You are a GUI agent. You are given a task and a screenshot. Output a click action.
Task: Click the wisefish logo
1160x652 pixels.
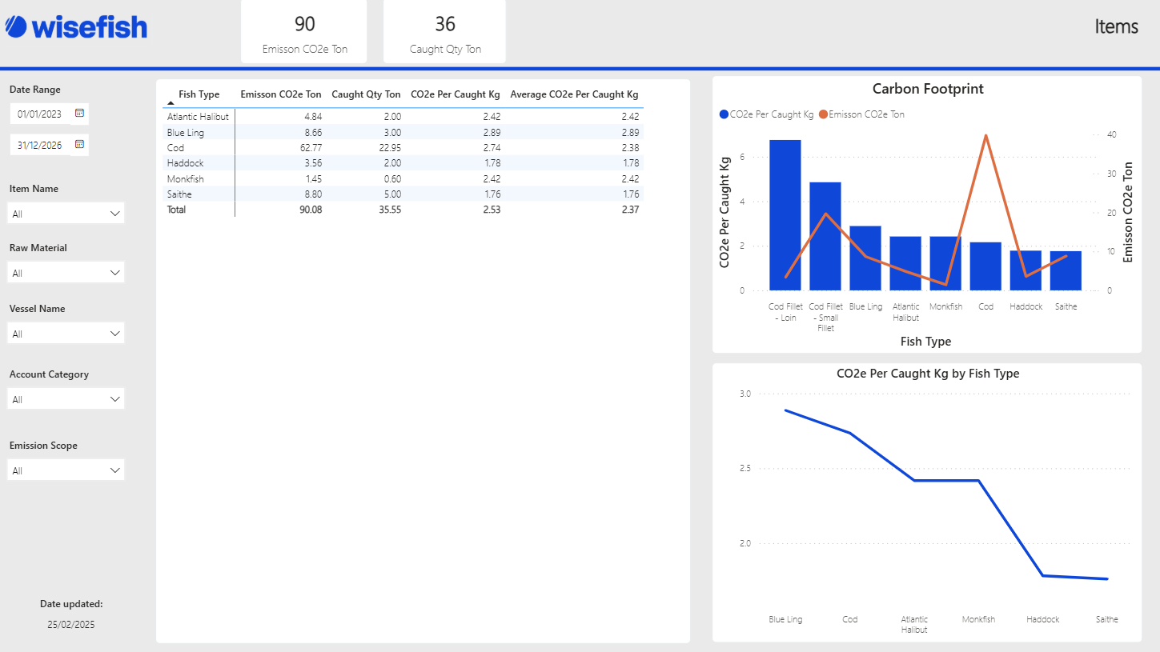tap(76, 27)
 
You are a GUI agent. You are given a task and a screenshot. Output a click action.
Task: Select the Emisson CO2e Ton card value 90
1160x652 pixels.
tap(305, 24)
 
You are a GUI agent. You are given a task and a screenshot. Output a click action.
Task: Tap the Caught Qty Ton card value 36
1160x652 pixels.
tap(445, 24)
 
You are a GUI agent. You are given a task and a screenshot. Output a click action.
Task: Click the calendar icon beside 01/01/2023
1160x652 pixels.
tap(79, 114)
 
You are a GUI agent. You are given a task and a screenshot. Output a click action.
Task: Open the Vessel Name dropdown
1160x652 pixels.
tap(66, 334)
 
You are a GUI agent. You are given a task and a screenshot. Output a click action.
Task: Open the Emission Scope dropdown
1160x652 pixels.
tap(66, 470)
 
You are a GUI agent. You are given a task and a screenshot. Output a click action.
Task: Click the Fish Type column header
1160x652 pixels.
tap(199, 94)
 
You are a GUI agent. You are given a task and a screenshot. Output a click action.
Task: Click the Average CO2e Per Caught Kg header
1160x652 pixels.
tap(574, 94)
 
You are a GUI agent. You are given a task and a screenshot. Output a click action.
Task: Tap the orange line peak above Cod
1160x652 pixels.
tap(985, 135)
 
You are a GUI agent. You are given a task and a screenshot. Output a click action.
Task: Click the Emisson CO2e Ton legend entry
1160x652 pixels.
tap(866, 114)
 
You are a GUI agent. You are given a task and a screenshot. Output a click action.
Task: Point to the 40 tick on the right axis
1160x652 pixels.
tap(1109, 135)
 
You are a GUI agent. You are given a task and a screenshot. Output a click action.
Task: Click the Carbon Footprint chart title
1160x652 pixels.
tap(928, 89)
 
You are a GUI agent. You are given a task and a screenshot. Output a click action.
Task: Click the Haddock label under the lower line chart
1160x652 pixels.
tap(1043, 619)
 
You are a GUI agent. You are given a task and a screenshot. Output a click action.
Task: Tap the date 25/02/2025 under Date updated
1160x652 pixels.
tap(70, 625)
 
